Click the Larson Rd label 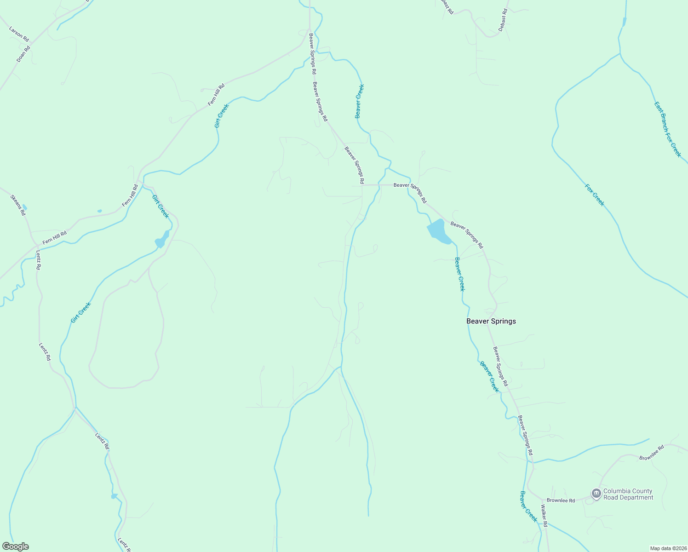click(19, 34)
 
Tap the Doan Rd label click(23, 54)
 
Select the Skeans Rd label click(18, 205)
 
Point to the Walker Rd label click(544, 516)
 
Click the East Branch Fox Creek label click(667, 129)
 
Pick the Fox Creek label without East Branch click(594, 195)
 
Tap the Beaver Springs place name click(491, 321)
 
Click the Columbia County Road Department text click(628, 494)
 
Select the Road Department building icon click(596, 494)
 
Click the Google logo click(15, 546)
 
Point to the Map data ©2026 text click(668, 548)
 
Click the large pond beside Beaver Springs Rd click(438, 231)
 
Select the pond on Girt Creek click(162, 240)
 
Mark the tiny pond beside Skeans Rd click(24, 207)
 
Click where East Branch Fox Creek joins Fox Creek click(620, 54)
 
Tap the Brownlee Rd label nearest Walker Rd click(561, 500)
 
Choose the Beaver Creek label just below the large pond click(459, 274)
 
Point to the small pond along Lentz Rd click(114, 496)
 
